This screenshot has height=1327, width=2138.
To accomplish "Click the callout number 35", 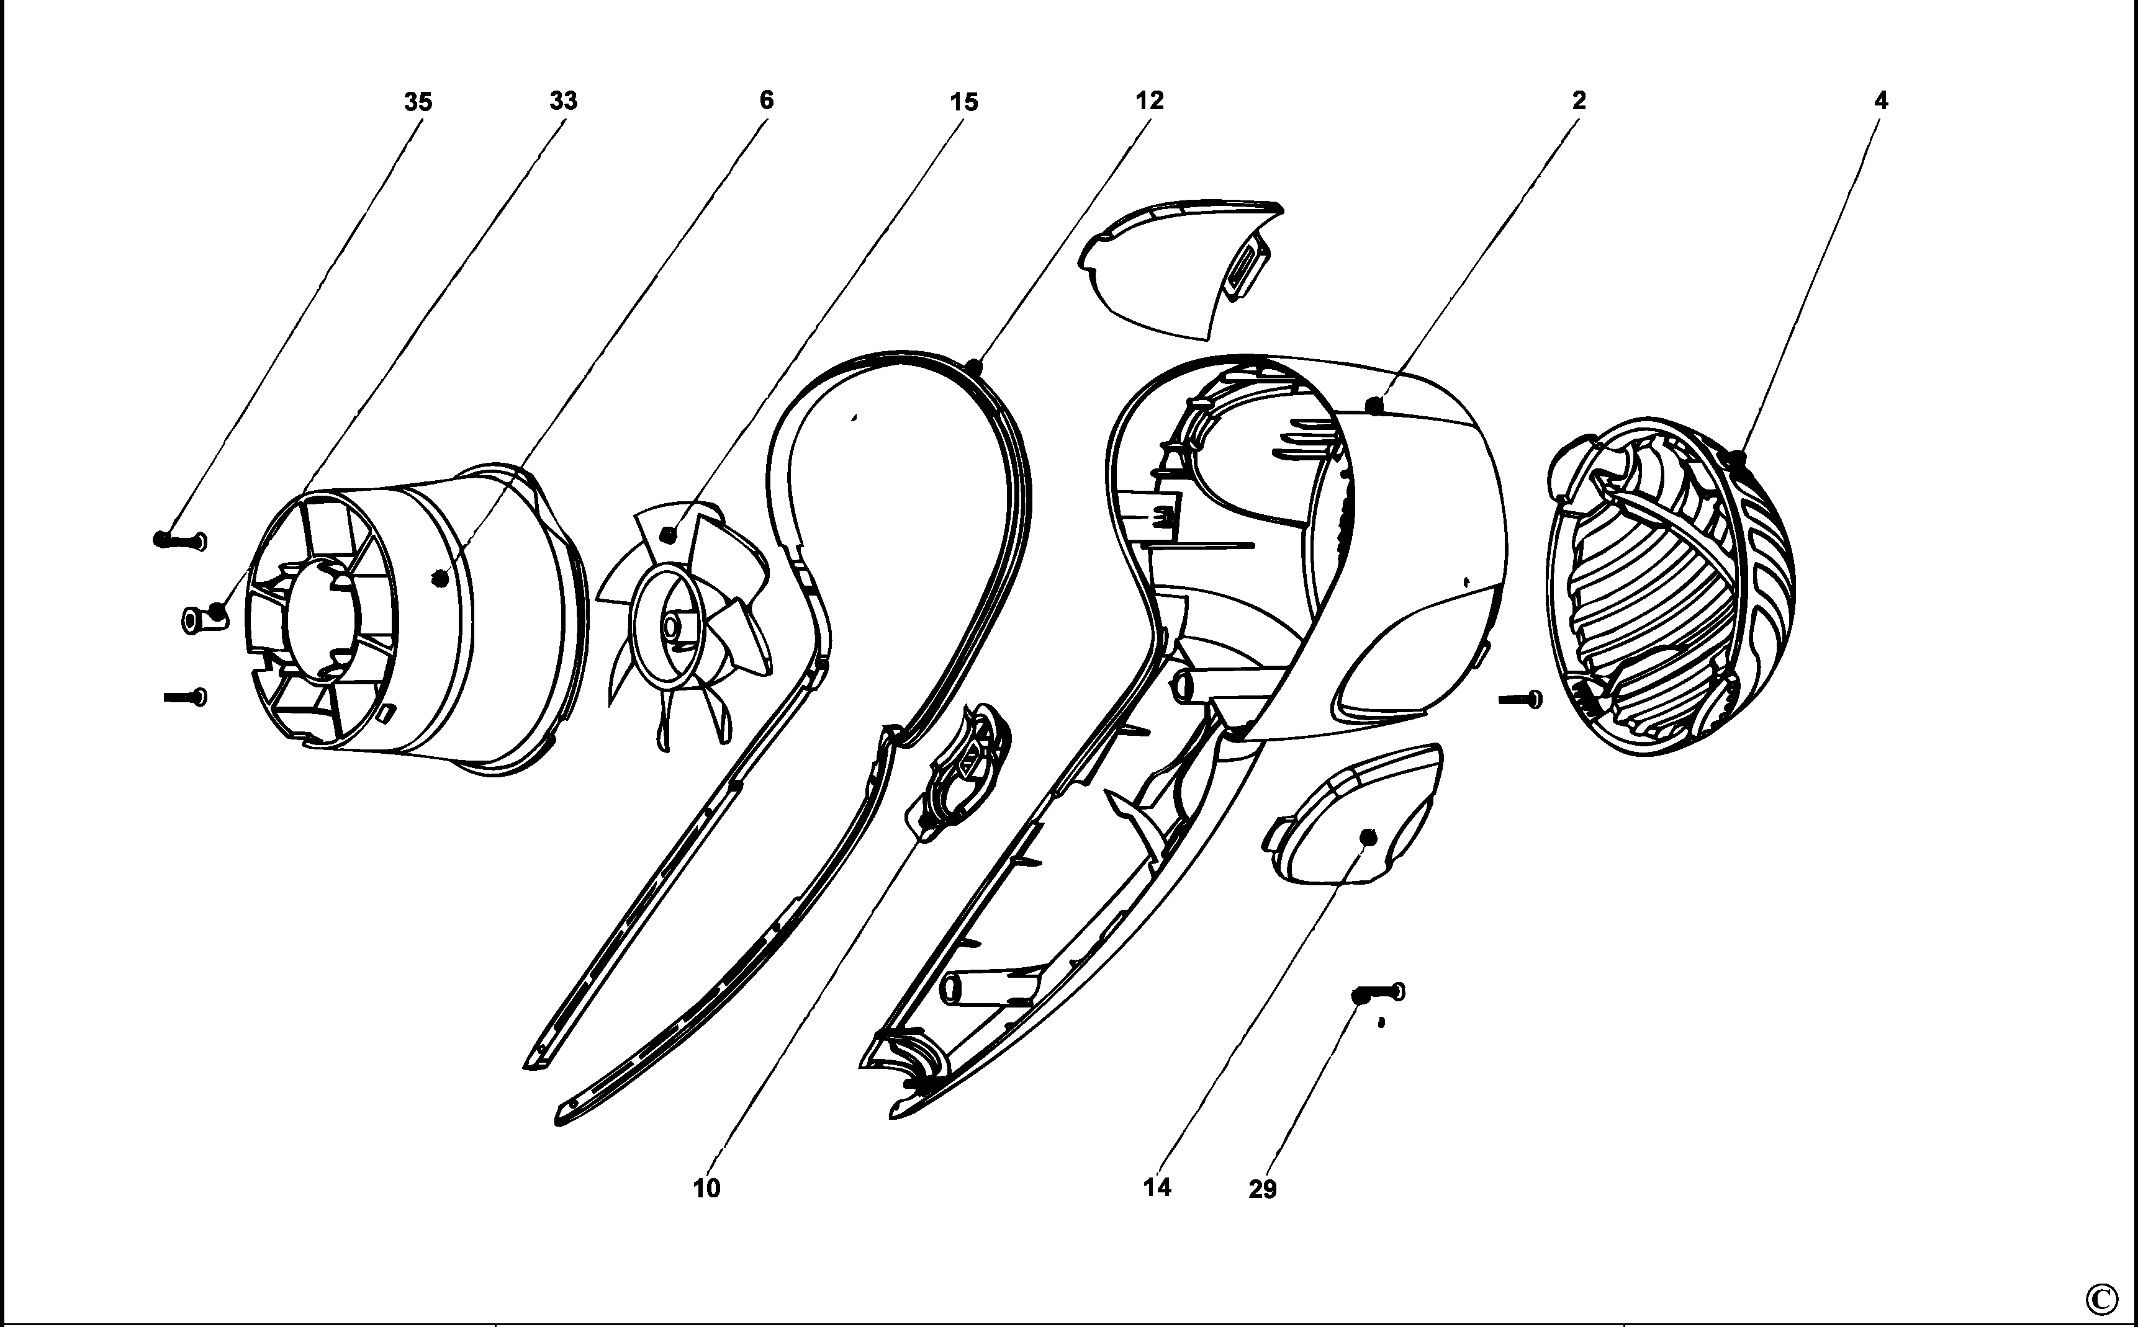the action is point(418,102).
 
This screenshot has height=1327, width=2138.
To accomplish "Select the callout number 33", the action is point(564,101).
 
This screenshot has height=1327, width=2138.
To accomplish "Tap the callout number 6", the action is point(767,100).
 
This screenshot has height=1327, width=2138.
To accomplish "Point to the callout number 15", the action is point(963,102).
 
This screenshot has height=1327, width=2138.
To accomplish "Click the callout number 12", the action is point(1149,101).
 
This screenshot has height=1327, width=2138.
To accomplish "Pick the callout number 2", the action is point(1579,100).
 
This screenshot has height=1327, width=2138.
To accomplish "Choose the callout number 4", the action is point(1881,100).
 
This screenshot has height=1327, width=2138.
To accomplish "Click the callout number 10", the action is point(707,1188).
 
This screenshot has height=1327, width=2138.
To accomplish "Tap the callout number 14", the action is point(1157,1187).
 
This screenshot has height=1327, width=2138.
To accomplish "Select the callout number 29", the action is point(1263,1190).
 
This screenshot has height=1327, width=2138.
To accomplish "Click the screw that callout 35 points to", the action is point(180,540).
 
